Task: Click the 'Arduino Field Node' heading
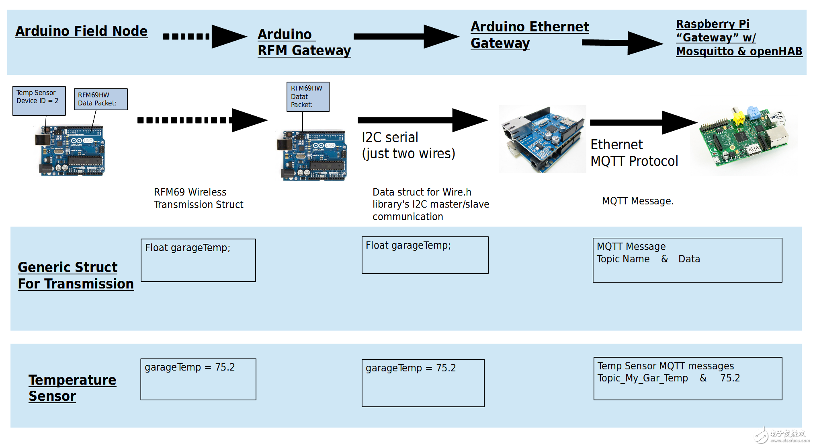click(x=82, y=31)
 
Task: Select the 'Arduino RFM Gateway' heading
click(x=304, y=42)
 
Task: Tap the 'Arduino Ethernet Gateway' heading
click(x=529, y=35)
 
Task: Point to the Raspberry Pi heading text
click(x=739, y=38)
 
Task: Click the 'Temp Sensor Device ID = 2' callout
click(x=39, y=101)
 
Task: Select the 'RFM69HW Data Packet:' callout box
click(x=100, y=99)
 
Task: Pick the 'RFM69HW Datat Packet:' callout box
click(x=307, y=97)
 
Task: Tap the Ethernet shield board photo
click(x=542, y=139)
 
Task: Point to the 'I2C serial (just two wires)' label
click(x=408, y=145)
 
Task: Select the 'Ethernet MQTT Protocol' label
click(x=634, y=153)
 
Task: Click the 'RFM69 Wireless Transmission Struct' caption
click(x=198, y=198)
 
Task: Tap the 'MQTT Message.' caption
click(x=637, y=201)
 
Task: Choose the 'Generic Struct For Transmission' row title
click(x=76, y=276)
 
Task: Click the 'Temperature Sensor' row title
click(x=72, y=388)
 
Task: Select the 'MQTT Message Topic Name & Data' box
click(x=687, y=260)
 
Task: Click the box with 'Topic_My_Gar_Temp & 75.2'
click(x=687, y=378)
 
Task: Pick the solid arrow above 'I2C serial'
click(x=422, y=120)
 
